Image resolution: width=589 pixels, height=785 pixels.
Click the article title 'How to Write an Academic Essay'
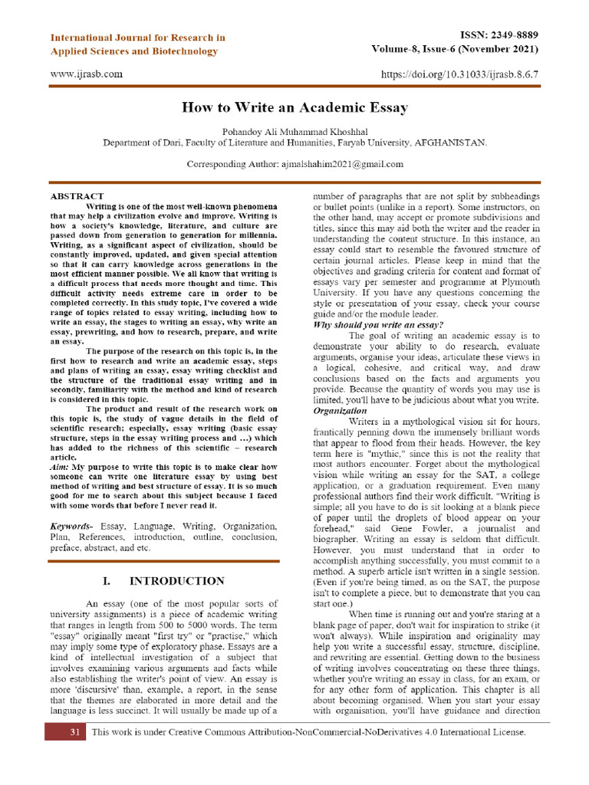(294, 108)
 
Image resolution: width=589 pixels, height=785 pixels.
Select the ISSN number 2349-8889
(510, 36)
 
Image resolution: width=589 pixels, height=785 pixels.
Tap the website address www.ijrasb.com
(86, 74)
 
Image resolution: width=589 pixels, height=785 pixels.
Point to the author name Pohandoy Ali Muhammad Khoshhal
(294, 130)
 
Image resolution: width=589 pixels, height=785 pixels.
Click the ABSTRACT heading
(77, 196)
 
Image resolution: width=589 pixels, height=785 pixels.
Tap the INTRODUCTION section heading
(177, 581)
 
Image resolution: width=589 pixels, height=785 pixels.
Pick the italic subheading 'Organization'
(340, 411)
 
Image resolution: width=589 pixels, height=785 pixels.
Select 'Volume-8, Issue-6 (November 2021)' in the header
(454, 50)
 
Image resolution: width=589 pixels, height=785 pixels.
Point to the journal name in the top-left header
(137, 44)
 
